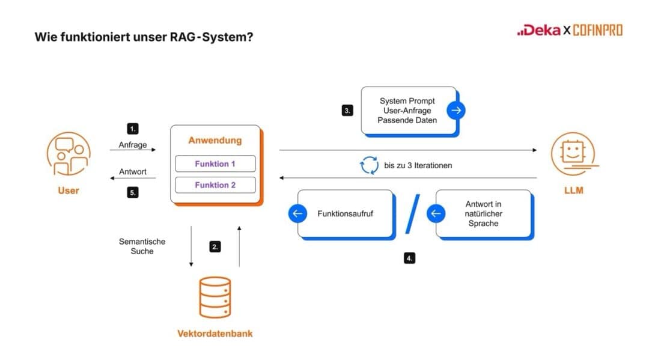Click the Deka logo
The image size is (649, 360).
[538, 30]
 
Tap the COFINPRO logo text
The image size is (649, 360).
[598, 30]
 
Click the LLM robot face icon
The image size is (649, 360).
[573, 154]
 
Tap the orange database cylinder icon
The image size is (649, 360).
[215, 297]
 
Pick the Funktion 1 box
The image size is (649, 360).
[215, 163]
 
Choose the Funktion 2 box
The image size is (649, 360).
[215, 185]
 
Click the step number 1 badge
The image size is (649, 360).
[133, 129]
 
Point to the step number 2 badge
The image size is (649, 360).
[215, 246]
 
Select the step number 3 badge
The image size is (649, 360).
[347, 111]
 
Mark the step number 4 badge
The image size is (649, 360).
[409, 258]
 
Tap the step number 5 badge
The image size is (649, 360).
[133, 193]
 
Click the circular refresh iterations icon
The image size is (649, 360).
[369, 165]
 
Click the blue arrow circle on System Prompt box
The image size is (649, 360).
[456, 110]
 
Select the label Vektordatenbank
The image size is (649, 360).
[215, 334]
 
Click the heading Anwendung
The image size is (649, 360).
[215, 141]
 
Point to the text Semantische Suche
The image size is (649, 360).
[142, 246]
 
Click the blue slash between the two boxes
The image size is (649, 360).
[412, 214]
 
